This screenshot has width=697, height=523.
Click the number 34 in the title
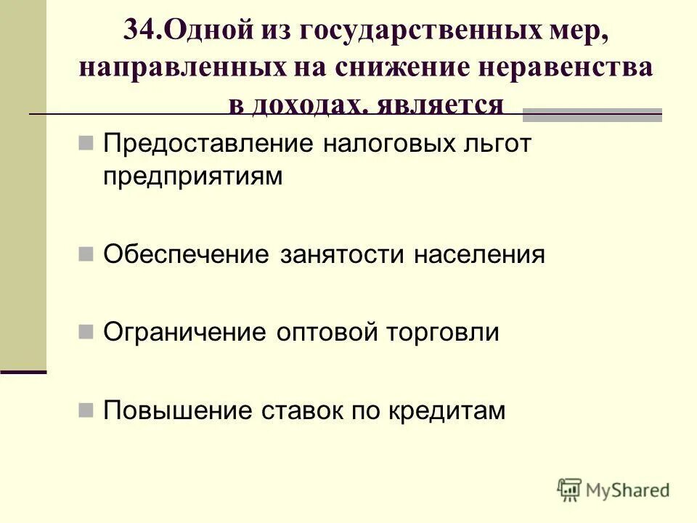pyautogui.click(x=139, y=31)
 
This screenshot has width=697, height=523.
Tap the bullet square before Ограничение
pyautogui.click(x=86, y=332)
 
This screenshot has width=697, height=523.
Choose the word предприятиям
pyautogui.click(x=192, y=177)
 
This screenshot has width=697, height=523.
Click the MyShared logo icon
pyautogui.click(x=570, y=489)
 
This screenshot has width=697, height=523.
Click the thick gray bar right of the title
pyautogui.click(x=592, y=114)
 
